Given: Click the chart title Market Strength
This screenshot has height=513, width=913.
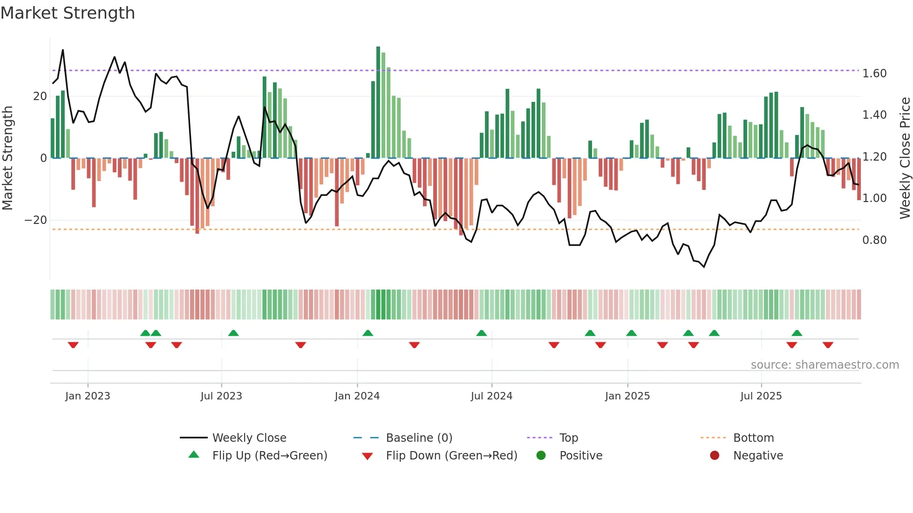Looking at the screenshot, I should [x=68, y=13].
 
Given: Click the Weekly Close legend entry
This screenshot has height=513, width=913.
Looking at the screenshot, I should [x=249, y=438].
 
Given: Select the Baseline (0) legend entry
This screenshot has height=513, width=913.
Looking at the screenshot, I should [x=419, y=438].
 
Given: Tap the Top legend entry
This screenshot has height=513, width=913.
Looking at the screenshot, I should [x=568, y=438].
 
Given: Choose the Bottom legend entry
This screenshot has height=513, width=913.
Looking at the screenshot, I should [x=753, y=438].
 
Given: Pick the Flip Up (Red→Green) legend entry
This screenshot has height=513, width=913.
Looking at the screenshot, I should [x=269, y=456].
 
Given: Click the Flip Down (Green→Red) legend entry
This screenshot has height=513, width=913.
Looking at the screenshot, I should [x=451, y=456].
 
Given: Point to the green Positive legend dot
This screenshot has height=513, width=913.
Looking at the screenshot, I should [x=541, y=455].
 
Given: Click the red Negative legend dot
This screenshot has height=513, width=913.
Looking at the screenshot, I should [x=715, y=455].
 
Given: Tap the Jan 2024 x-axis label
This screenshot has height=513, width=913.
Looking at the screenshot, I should [x=357, y=396].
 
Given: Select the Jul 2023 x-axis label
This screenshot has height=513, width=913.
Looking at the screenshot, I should [x=221, y=396].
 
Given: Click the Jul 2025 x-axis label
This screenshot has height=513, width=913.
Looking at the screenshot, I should [x=761, y=396].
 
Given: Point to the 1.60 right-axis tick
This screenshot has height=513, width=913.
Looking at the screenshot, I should [x=874, y=74].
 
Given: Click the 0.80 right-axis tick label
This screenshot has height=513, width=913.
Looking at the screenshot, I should [x=874, y=240].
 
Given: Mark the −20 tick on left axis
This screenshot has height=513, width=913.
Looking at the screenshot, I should [x=36, y=220].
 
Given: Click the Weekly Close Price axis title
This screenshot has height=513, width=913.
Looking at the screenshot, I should [x=905, y=158].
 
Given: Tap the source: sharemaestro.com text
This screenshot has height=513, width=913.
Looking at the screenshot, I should [x=824, y=365].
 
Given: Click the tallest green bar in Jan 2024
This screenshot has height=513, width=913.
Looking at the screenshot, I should [x=378, y=102].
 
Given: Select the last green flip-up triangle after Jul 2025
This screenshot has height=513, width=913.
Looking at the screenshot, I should [x=797, y=333].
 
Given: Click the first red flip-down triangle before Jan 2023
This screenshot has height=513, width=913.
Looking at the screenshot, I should [x=73, y=345].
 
